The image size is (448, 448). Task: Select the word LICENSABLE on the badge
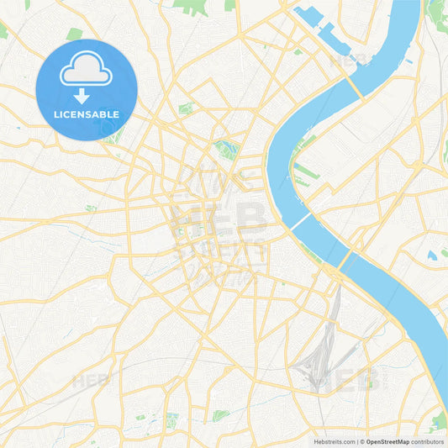coord(87,113)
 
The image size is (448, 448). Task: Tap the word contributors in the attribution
coord(427,440)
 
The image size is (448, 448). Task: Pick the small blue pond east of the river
coord(431,255)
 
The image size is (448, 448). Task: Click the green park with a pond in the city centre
coord(227,150)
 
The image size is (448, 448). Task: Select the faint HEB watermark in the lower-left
coord(90,381)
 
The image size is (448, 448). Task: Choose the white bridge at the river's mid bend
coord(301,223)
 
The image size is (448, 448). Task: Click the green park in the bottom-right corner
coord(438,419)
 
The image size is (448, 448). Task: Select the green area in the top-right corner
coord(437,12)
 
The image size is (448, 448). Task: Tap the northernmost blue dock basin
coord(308,17)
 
